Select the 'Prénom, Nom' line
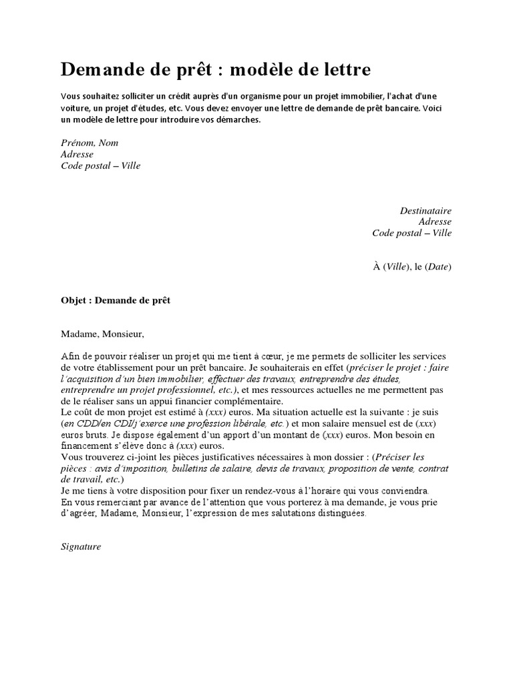(90, 143)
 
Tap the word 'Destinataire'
(425, 211)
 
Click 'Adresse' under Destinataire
(435, 222)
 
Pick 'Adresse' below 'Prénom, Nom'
(77, 154)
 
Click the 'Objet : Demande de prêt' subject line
(116, 301)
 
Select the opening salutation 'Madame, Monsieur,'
(102, 333)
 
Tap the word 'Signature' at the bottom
(80, 546)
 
